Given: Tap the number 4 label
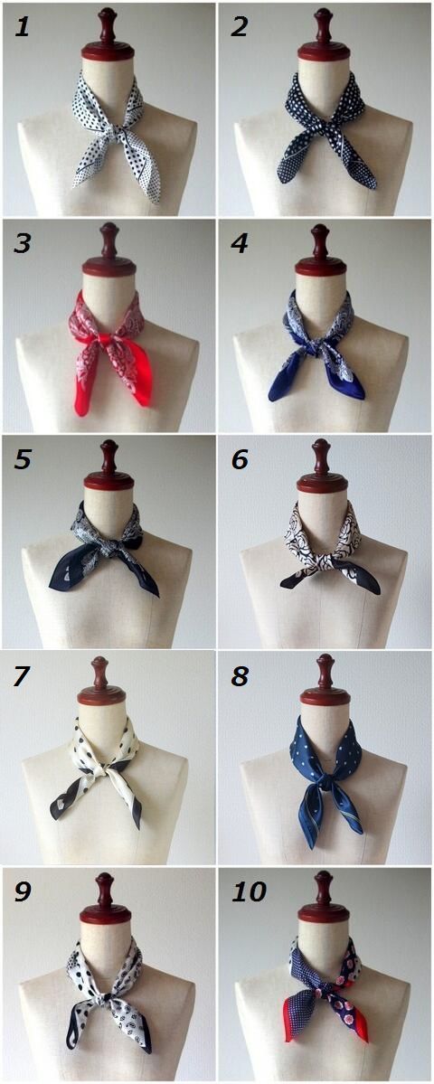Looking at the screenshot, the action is tap(240, 244).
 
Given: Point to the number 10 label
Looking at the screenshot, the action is tap(249, 891).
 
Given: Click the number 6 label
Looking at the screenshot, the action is tap(240, 460).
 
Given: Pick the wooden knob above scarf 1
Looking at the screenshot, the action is tap(107, 34).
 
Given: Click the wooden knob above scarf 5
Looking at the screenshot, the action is tap(108, 465).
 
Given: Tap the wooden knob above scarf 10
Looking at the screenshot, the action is tap(324, 897).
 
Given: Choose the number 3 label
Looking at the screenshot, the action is tap(23, 244).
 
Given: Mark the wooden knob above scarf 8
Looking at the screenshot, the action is tap(325, 680).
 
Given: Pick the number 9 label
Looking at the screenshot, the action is tap(23, 891).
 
